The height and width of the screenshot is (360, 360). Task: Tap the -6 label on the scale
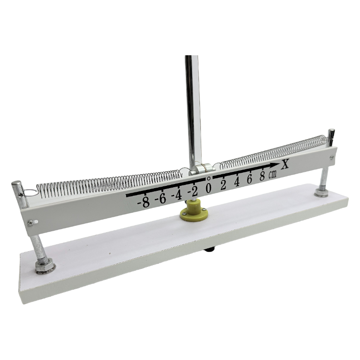point(161,199)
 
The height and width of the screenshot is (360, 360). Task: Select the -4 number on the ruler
point(176,195)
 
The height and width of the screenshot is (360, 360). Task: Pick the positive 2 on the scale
point(223,185)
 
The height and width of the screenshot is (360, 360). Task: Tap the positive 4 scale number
point(237,182)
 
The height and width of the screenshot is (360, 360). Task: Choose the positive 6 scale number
point(250,180)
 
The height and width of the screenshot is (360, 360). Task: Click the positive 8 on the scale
point(262,177)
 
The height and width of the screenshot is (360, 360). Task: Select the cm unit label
point(273,175)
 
